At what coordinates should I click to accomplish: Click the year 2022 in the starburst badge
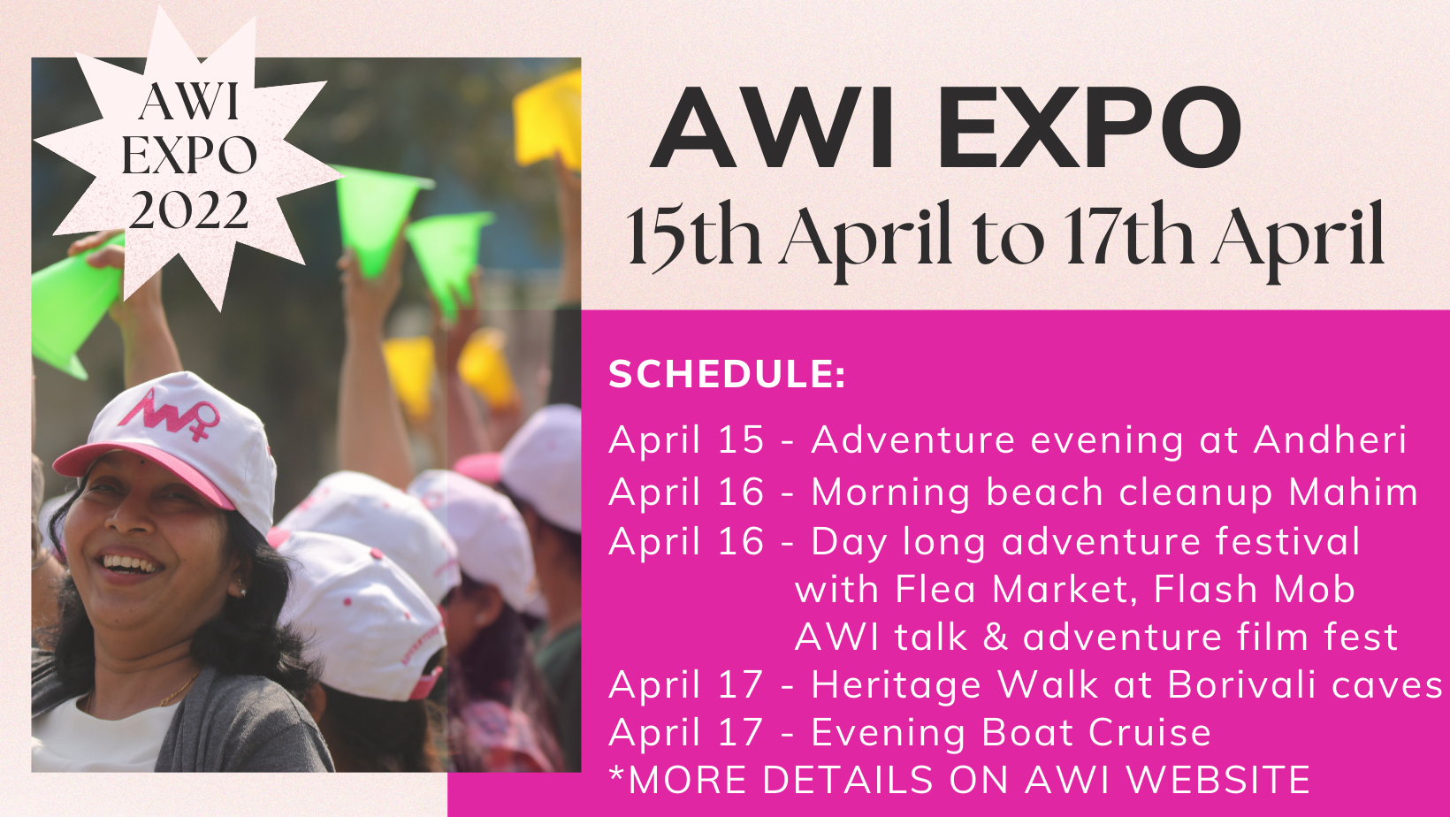point(188,210)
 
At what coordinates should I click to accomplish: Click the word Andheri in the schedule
point(1331,440)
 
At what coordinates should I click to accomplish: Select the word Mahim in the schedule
point(1354,492)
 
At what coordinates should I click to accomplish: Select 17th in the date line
point(1129,233)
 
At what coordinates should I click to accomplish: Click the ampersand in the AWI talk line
point(996,637)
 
